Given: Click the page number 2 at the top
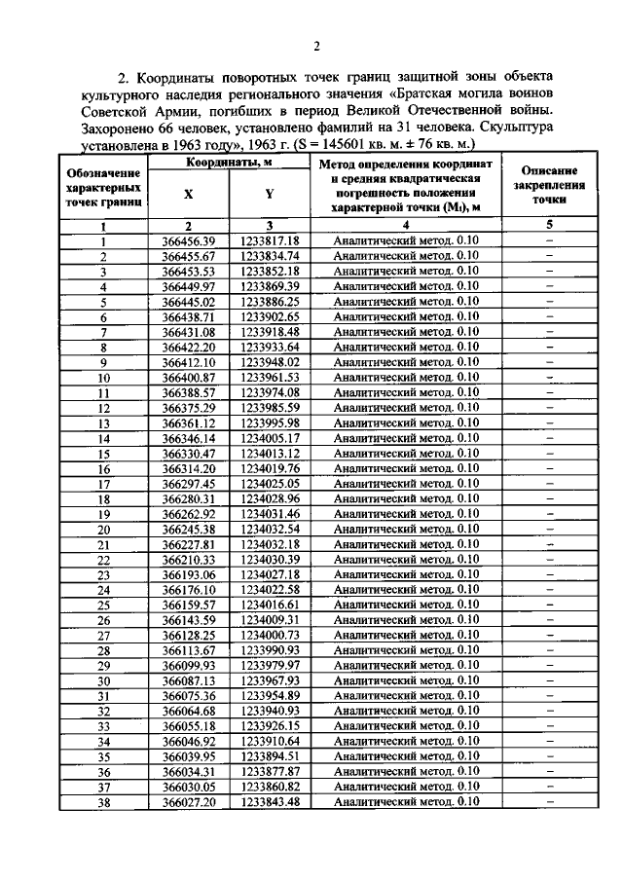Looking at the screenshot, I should pyautogui.click(x=317, y=46).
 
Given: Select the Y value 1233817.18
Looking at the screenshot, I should pyautogui.click(x=269, y=240).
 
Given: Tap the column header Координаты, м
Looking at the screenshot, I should pyautogui.click(x=229, y=163).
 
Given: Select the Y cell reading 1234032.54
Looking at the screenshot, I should pyautogui.click(x=269, y=529).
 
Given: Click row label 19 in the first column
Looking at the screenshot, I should pyautogui.click(x=103, y=513).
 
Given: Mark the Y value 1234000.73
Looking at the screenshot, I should pyautogui.click(x=269, y=635).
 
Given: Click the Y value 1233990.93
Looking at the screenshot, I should pyautogui.click(x=269, y=649).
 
